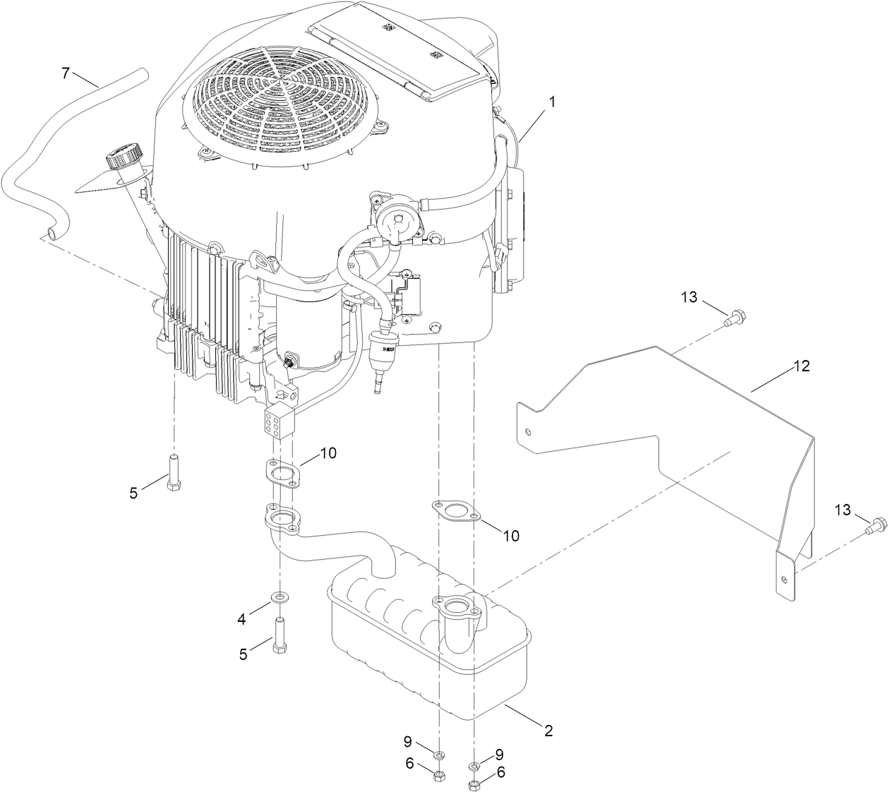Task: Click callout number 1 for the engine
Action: point(553,101)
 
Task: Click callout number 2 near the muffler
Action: point(548,731)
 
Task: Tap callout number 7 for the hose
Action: point(66,73)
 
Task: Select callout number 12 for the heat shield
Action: point(801,366)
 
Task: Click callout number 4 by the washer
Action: point(242,618)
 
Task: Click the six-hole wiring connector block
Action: point(277,421)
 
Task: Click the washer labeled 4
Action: point(282,599)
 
